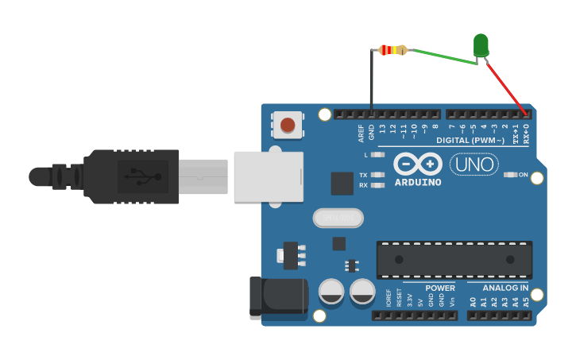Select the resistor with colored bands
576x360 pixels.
coord(392,50)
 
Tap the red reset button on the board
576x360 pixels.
coord(288,125)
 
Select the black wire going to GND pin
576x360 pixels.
coord(371,79)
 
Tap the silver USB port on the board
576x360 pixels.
coord(269,176)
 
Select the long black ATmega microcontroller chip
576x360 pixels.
coord(454,260)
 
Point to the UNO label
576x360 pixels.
coord(474,165)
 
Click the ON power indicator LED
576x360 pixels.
coord(511,174)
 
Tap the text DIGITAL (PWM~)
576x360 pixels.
coord(470,141)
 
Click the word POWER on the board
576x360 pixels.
coord(440,288)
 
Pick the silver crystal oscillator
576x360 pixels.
coord(338,217)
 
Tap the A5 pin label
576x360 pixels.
coord(525,302)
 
